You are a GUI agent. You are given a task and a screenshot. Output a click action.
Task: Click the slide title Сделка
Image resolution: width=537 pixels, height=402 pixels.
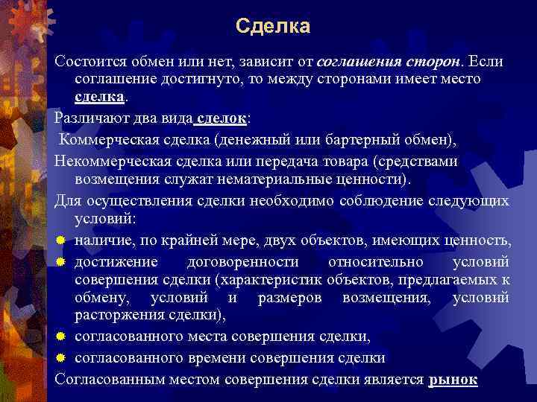point(272,27)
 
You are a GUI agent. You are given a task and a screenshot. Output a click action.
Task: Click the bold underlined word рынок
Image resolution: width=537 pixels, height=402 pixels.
point(453,378)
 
